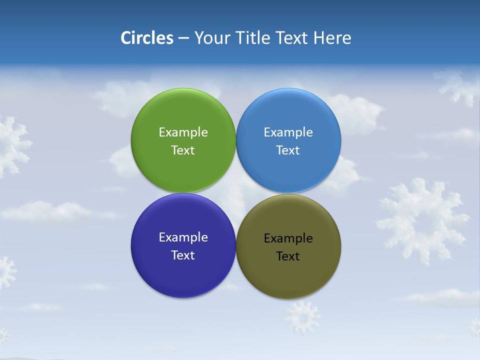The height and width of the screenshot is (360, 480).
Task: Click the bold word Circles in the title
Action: click(x=147, y=38)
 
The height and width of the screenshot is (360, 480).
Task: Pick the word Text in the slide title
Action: click(x=292, y=38)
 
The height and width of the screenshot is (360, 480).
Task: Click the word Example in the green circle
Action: click(x=183, y=132)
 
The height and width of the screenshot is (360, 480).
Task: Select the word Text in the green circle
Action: click(x=183, y=150)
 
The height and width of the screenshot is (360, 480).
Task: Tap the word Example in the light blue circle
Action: click(x=288, y=132)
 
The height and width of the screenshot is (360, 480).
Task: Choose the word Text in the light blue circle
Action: click(x=288, y=150)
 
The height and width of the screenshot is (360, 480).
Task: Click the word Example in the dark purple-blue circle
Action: click(x=183, y=237)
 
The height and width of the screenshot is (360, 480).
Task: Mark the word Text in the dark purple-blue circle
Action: click(x=183, y=255)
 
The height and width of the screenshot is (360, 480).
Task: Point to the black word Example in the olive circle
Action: click(x=288, y=238)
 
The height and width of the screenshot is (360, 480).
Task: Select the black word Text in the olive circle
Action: click(x=288, y=256)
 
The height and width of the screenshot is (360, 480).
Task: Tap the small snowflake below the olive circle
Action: click(x=302, y=317)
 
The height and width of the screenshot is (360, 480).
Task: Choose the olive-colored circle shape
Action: click(x=288, y=280)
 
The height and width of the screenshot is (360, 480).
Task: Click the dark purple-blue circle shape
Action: click(x=183, y=280)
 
